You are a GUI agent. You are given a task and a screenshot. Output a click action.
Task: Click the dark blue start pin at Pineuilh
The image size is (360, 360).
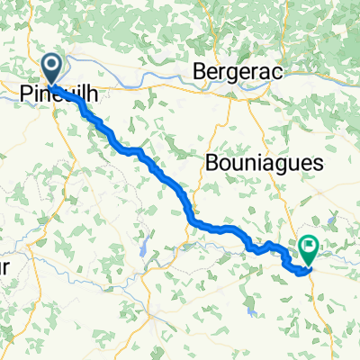coord(52,67)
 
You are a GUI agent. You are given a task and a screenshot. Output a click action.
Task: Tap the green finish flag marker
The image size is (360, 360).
coord(310,245)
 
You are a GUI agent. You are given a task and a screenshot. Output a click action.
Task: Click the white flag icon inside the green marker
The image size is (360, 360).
coord(310,242)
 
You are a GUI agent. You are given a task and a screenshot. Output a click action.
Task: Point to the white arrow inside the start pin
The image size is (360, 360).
coord(52,64)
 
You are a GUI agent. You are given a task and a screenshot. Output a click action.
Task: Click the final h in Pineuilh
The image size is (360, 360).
coord(93,93)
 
